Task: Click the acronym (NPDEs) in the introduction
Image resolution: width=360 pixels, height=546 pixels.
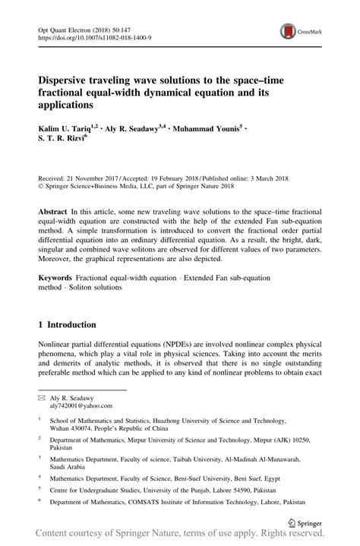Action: pos(186,343)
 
